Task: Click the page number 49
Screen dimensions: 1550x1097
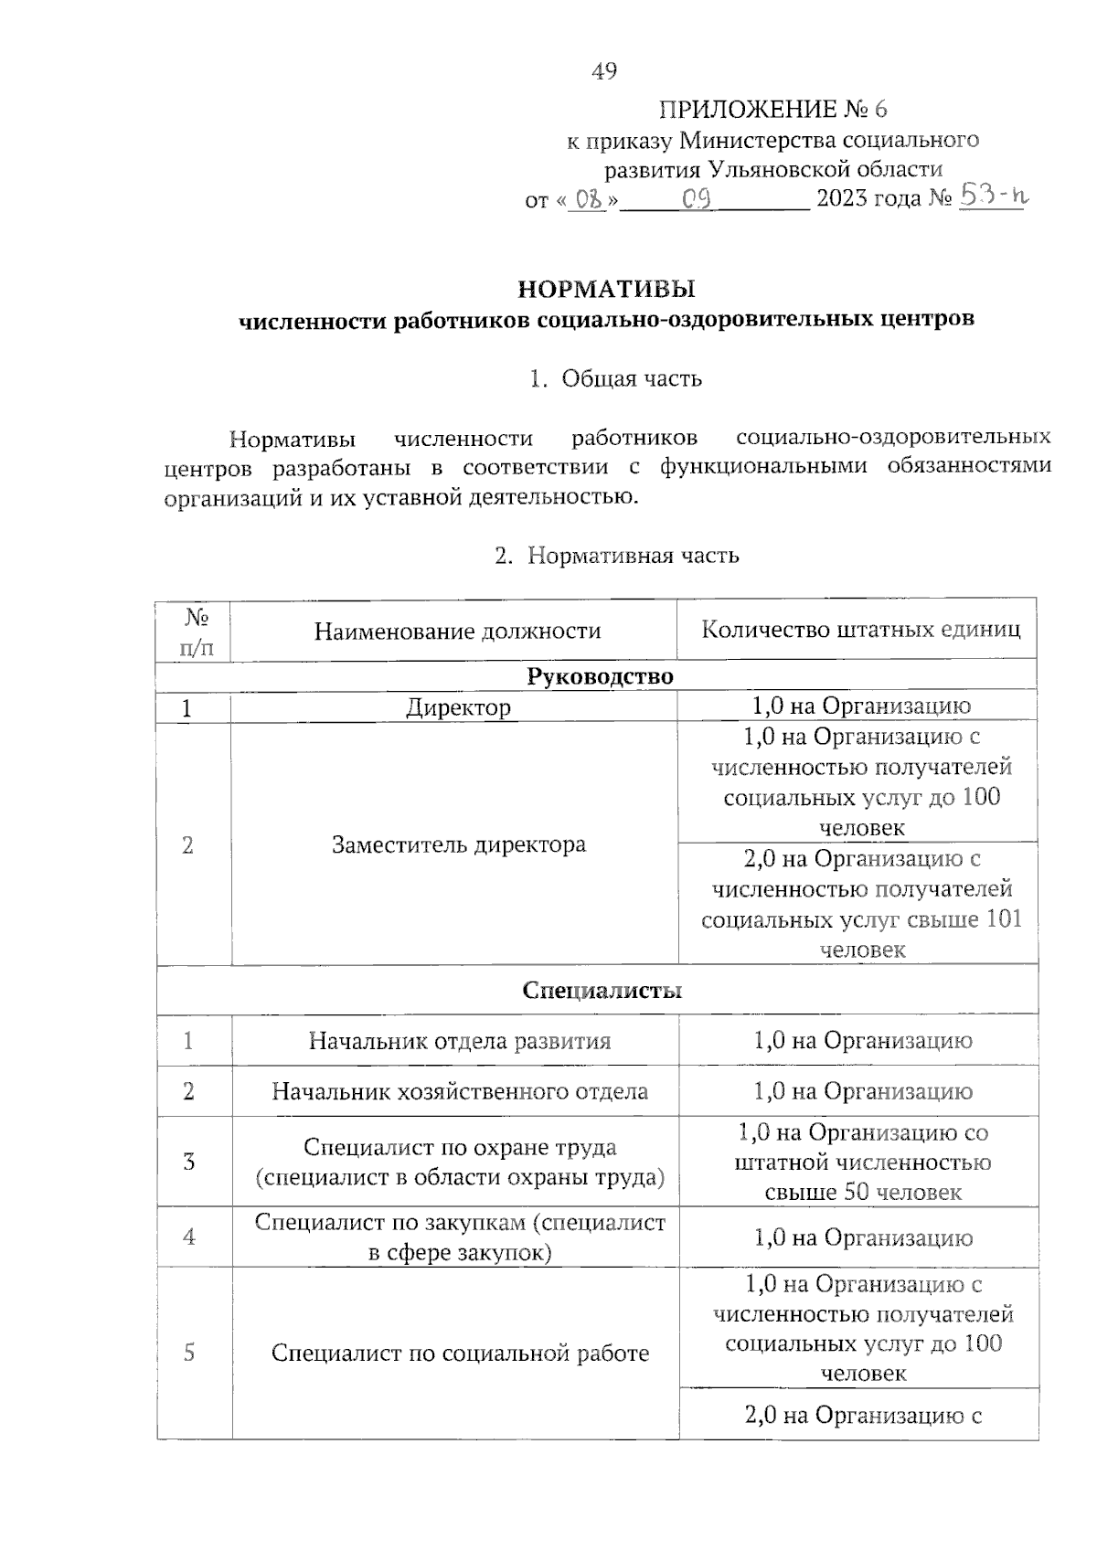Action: click(x=604, y=70)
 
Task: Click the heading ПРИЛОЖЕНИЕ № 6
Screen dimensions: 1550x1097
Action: click(x=772, y=110)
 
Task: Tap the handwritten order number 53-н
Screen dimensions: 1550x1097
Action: click(x=993, y=196)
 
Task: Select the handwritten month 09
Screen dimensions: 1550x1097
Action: click(x=698, y=198)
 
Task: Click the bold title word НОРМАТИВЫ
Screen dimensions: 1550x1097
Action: click(x=606, y=290)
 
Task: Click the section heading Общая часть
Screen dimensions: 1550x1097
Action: click(x=631, y=377)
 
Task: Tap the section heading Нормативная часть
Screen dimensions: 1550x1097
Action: click(x=633, y=555)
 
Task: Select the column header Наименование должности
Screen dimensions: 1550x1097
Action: click(x=457, y=631)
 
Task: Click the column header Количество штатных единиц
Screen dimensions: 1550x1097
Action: click(x=860, y=630)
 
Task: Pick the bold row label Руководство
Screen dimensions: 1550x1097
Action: click(x=600, y=676)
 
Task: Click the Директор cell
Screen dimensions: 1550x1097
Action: click(x=458, y=707)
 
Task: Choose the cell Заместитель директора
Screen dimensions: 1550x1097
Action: click(x=458, y=844)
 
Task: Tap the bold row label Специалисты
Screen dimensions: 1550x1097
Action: click(x=602, y=991)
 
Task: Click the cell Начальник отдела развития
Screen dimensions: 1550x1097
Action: click(x=459, y=1041)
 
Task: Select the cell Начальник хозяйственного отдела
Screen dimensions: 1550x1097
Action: click(x=459, y=1091)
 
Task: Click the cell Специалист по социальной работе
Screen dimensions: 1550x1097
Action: click(x=459, y=1353)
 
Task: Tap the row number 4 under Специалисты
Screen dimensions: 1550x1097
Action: click(x=189, y=1237)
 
